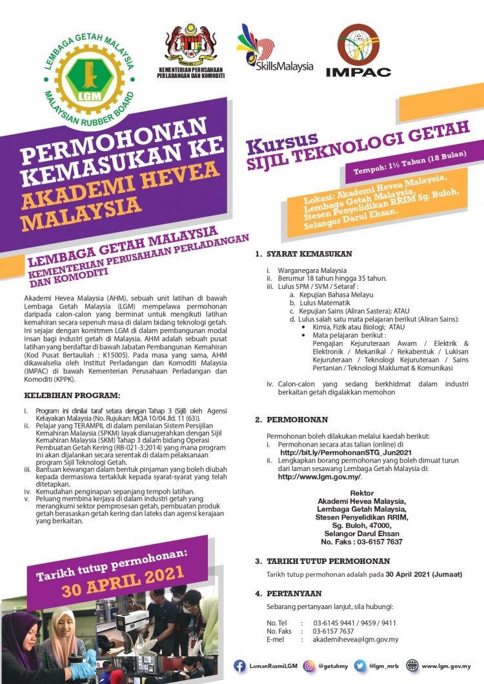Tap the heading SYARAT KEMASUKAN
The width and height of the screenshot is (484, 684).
pos(299,254)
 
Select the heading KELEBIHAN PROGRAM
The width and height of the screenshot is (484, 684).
pos(63,394)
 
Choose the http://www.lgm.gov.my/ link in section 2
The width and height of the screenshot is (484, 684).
pos(319,477)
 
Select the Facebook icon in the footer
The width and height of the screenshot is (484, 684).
pos(239,666)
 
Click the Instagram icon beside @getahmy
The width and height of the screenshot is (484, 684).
pos(309,666)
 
